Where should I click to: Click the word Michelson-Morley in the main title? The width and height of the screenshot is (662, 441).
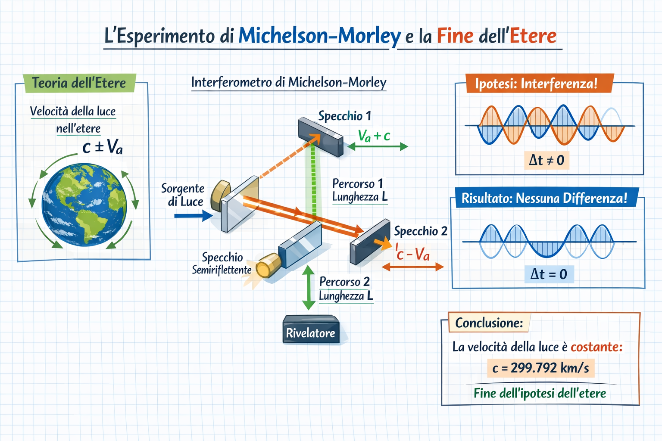coord(319,36)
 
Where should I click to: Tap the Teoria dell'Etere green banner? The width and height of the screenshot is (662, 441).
coord(79,83)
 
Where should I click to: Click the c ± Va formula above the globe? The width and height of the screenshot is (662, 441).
coord(102,146)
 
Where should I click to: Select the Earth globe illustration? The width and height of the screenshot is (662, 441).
coord(84,205)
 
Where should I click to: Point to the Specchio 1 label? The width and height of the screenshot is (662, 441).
coord(345,116)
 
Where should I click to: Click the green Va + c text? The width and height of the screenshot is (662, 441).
coord(374,136)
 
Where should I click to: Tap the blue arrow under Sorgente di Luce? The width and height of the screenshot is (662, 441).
coord(193,216)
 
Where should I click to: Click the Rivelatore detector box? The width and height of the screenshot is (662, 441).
coord(311,329)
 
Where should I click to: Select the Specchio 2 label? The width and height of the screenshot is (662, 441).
coord(421,231)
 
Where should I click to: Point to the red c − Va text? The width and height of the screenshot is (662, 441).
coord(412,253)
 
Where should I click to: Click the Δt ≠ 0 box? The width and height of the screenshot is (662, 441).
coord(546,160)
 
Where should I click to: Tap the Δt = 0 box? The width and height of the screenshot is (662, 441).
coord(549,274)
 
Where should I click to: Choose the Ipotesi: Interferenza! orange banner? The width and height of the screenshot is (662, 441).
coord(539,83)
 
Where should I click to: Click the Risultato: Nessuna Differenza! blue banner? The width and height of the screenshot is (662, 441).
coord(546,198)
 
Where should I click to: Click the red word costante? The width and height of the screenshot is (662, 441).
coord(596,347)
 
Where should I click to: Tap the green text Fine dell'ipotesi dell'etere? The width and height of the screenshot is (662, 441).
coord(540,393)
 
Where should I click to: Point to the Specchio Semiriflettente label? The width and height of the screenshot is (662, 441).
coord(222,264)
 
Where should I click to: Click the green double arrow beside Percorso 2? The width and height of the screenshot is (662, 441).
coord(309,287)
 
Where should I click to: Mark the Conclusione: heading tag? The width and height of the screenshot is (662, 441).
coord(489,323)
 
